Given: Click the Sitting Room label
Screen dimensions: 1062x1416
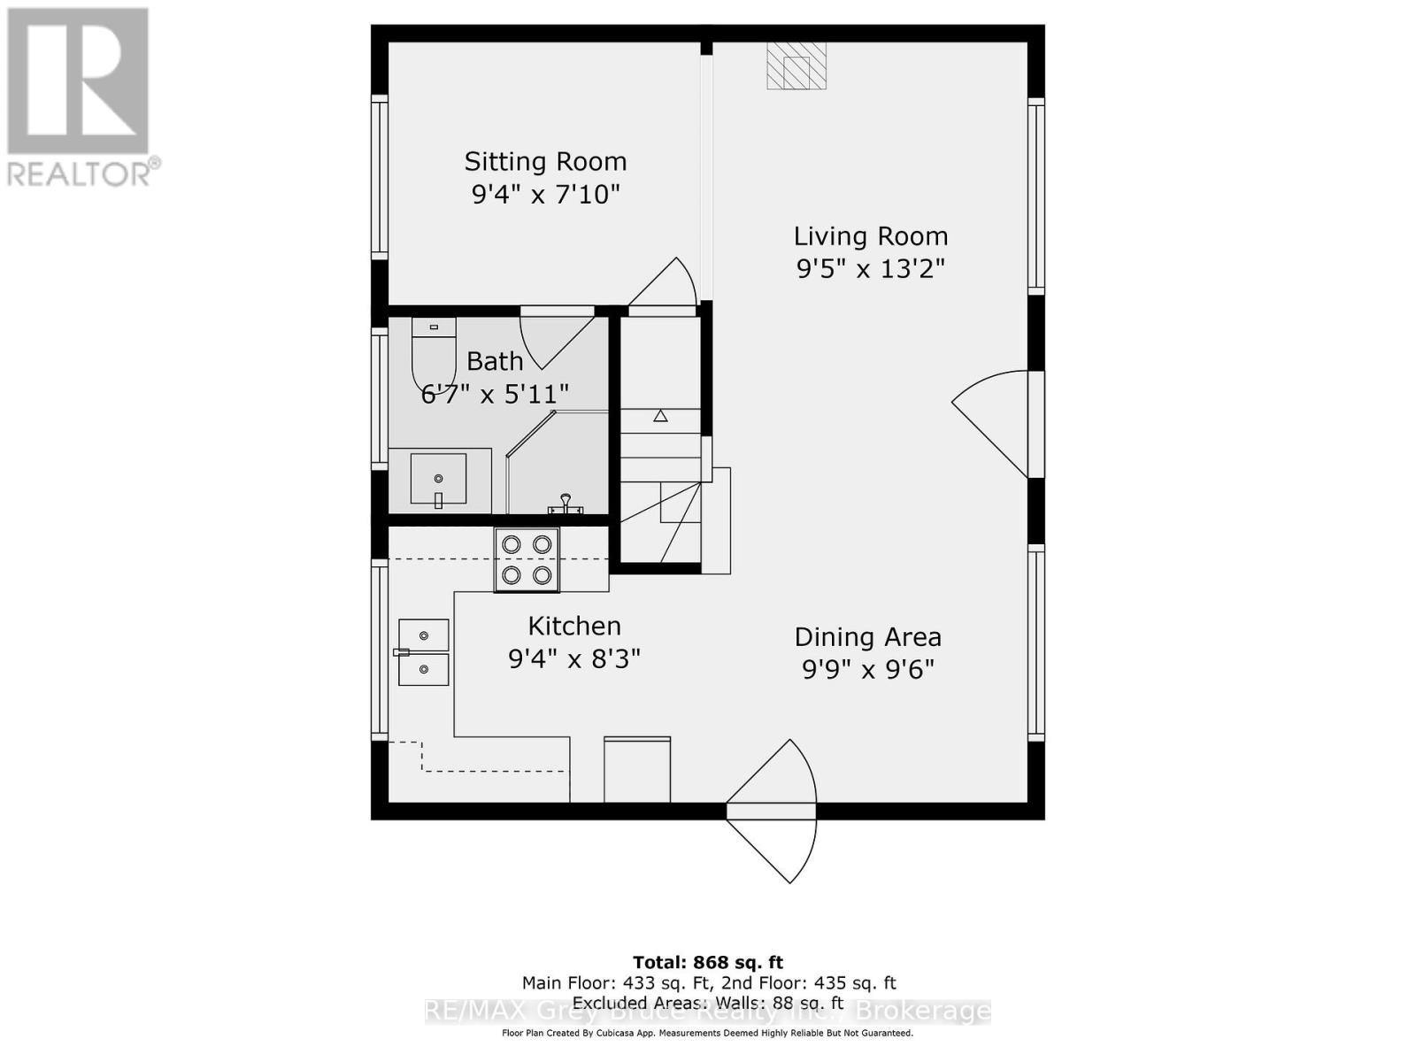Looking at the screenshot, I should coord(545,162).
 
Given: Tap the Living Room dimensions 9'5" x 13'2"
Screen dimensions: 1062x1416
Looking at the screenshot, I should coord(871,268).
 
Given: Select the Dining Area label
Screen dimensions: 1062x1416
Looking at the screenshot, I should coord(867,637).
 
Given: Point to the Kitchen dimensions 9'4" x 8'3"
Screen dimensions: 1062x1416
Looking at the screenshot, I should coord(573,659).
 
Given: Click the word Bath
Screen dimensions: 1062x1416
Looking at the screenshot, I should coord(495,361).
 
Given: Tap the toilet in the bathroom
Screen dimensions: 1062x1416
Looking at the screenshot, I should coord(434,354).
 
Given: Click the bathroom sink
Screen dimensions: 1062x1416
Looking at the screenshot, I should coord(438,479).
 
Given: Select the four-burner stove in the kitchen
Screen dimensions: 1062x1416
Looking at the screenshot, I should coord(527,560).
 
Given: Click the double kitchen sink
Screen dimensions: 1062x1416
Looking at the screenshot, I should coord(423,652).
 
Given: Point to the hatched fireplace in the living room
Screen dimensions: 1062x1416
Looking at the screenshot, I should coord(796,66).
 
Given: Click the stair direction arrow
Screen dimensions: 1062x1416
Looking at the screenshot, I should coord(660,415).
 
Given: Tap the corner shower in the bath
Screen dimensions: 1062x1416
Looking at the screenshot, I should coord(558,465).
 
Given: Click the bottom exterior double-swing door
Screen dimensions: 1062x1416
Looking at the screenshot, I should coord(772,812).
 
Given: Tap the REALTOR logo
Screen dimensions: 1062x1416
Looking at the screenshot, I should coord(80,97).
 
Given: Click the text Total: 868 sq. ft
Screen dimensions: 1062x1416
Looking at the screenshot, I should coord(708,962).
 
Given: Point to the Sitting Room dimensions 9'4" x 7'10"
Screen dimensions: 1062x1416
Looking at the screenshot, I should coord(545,194).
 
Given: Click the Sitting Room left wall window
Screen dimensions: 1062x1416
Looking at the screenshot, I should coord(380,177).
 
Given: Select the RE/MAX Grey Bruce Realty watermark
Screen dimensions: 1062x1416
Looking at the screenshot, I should coord(708,1011).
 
